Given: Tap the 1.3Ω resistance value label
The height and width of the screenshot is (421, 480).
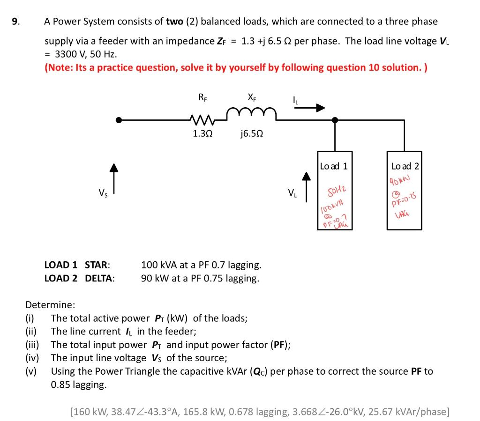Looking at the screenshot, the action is click(x=202, y=133).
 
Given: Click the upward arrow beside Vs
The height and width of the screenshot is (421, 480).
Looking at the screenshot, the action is click(x=112, y=177).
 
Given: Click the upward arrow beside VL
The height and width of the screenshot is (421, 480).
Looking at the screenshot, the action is click(x=306, y=187).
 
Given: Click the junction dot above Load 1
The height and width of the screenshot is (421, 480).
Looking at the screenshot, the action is click(x=335, y=120).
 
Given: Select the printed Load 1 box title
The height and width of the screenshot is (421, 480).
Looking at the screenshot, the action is click(x=334, y=166).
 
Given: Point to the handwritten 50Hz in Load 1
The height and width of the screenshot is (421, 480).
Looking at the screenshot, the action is click(x=336, y=191).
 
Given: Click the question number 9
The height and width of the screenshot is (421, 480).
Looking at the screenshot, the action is click(x=15, y=22).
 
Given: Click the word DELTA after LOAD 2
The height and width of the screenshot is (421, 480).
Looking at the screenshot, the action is click(x=99, y=279).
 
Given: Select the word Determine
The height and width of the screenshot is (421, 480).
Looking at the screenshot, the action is click(x=50, y=305).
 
